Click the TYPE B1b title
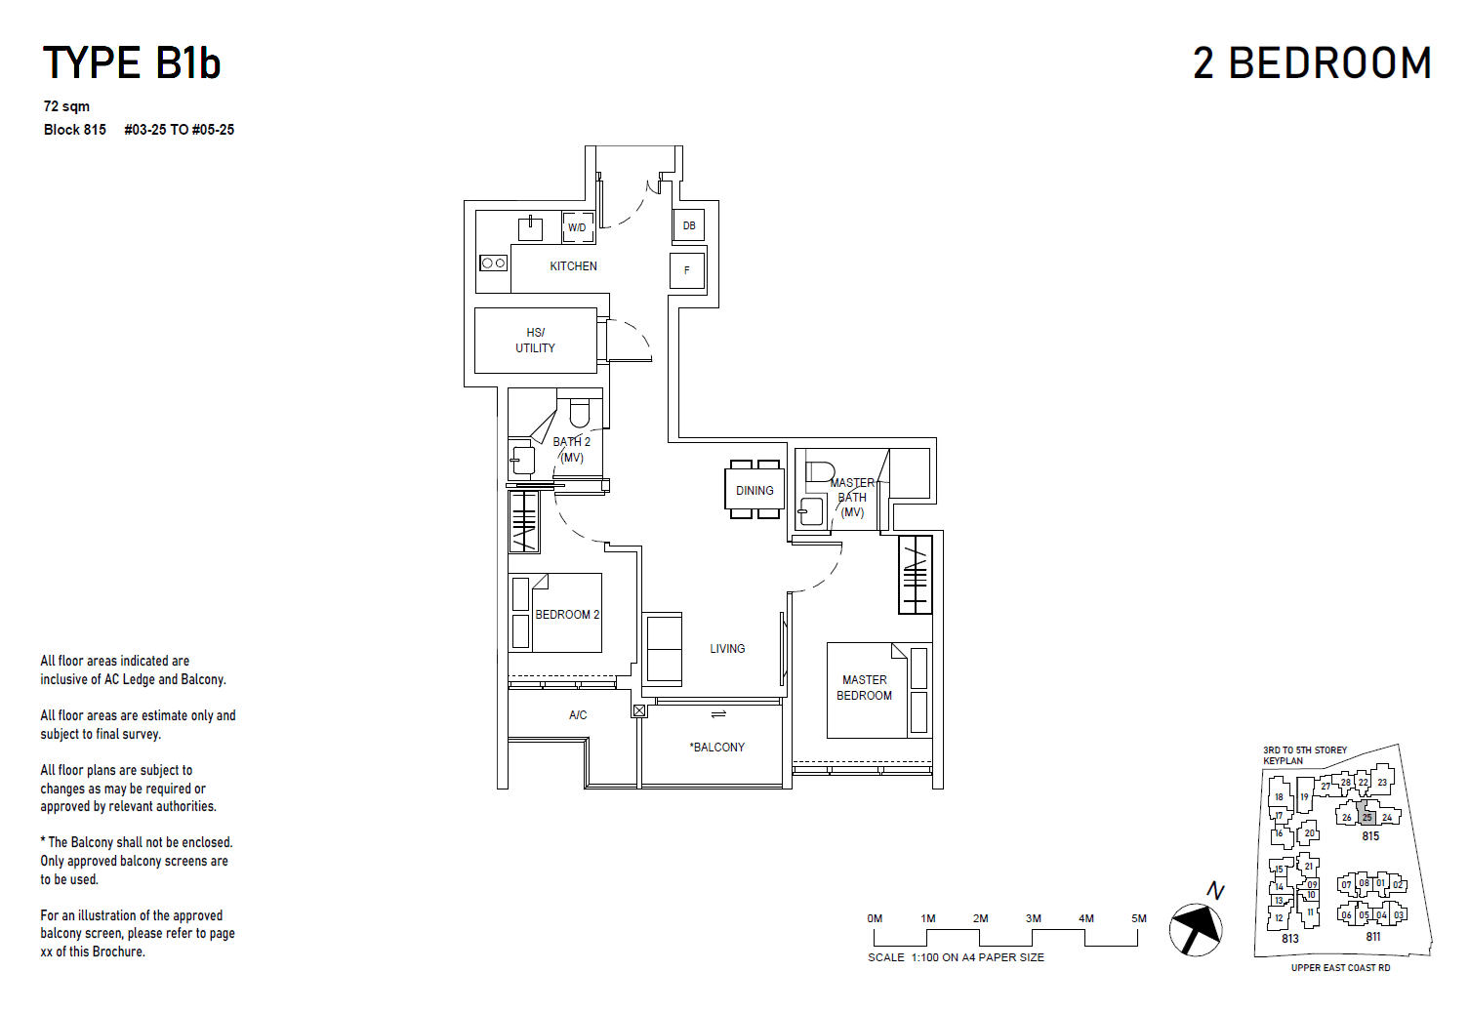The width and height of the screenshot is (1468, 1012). pos(132,63)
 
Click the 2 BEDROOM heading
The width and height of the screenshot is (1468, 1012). pos(1312,63)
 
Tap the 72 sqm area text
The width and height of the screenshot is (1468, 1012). pos(66,106)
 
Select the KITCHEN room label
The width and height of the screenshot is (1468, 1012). pos(573,266)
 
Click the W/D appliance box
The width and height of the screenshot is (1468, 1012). pos(578,227)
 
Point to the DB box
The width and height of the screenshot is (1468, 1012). pos(689,226)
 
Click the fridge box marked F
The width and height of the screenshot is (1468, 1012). pos(687,270)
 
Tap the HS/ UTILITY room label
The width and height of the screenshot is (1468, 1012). pos(535,341)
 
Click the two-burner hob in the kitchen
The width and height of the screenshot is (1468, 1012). pos(493,263)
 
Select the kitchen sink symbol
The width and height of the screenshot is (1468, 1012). pos(530,229)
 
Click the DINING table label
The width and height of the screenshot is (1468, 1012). pos(754,491)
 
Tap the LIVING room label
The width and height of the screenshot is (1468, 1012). pos(727,649)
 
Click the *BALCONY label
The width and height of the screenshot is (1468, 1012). pos(717,748)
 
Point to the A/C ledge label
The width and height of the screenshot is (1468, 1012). pos(578,715)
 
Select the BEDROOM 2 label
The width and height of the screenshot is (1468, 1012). pos(567,615)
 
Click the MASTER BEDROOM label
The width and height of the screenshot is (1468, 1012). pos(864,688)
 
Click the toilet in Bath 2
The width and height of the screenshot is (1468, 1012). pos(580,414)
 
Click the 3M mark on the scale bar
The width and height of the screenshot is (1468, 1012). pos(1033,918)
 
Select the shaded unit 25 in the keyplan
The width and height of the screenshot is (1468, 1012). pos(1366,817)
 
